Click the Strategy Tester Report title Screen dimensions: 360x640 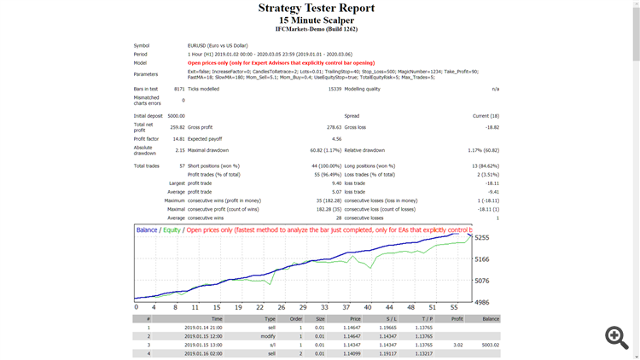coord(316,9)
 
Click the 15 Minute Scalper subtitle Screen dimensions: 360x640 coord(316,20)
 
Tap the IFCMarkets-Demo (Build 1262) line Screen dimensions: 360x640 coord(316,29)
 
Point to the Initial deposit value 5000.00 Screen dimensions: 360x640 coord(175,115)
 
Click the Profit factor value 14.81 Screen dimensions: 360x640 coord(177,138)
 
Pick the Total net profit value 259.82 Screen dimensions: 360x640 coord(177,127)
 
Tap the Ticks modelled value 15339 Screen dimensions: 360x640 coord(335,89)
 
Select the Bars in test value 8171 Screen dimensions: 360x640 coord(178,89)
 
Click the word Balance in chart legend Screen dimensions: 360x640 coord(147,230)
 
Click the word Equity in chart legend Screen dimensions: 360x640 coord(171,230)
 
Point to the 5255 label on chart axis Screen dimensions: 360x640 coord(482,238)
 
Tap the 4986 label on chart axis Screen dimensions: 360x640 coord(482,302)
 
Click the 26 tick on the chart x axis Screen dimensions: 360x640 coord(258,307)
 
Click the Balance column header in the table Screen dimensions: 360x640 coord(490,318)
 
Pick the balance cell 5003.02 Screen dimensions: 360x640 coord(489,345)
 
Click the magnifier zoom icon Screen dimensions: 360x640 coord(616,337)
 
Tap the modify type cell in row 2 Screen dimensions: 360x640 coord(270,336)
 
